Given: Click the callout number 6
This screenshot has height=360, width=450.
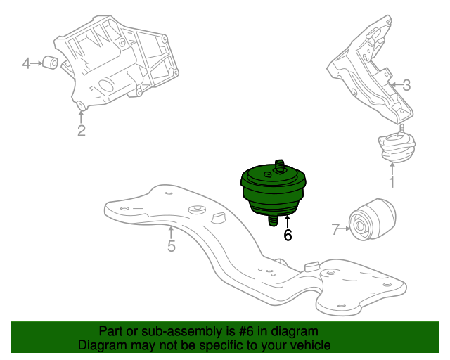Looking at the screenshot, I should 288,236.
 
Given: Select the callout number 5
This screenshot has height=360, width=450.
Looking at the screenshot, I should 172,246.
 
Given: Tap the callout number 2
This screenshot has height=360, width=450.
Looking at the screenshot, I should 82,130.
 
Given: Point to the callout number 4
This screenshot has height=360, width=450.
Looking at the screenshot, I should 27,64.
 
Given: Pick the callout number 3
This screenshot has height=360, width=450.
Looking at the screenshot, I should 406,86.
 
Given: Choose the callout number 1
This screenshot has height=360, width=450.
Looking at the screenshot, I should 392,183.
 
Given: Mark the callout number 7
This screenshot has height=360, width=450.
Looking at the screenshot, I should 335,229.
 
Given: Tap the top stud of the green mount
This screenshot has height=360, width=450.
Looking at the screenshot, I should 280,167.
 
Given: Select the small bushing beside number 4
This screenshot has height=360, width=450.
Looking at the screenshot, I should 51,63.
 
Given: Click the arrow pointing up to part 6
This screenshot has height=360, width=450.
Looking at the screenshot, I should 288,221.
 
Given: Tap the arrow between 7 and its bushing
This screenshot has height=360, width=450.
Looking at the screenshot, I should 345,228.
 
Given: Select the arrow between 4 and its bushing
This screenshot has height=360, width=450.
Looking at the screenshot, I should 37,64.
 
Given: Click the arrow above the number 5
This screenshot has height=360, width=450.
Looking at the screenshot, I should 171,231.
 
